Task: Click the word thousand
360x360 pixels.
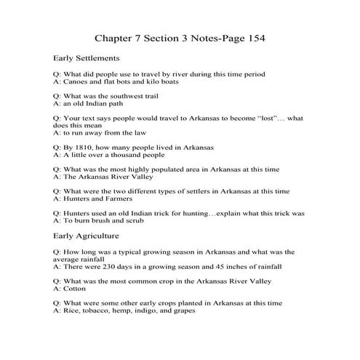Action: click(126, 155)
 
